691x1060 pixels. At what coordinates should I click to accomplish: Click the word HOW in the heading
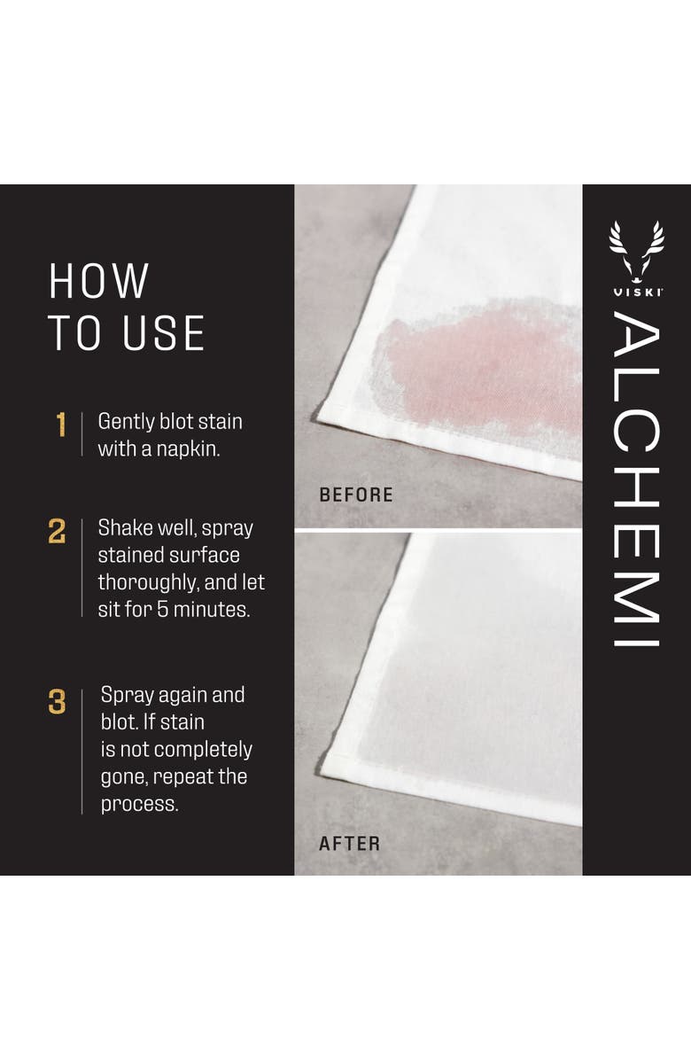pyautogui.click(x=98, y=281)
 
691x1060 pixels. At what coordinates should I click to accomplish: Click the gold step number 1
pyautogui.click(x=61, y=425)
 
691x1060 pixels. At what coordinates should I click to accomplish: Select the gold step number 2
pyautogui.click(x=58, y=533)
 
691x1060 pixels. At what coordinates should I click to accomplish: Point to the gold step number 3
pyautogui.click(x=58, y=703)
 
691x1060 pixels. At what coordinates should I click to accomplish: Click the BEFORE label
pyautogui.click(x=355, y=495)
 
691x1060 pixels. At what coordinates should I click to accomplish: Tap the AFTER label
pyautogui.click(x=349, y=844)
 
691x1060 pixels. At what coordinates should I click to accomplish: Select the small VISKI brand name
pyautogui.click(x=636, y=291)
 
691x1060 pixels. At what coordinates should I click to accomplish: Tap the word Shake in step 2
pyautogui.click(x=124, y=528)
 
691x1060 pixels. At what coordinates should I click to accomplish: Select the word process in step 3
pyautogui.click(x=139, y=805)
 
